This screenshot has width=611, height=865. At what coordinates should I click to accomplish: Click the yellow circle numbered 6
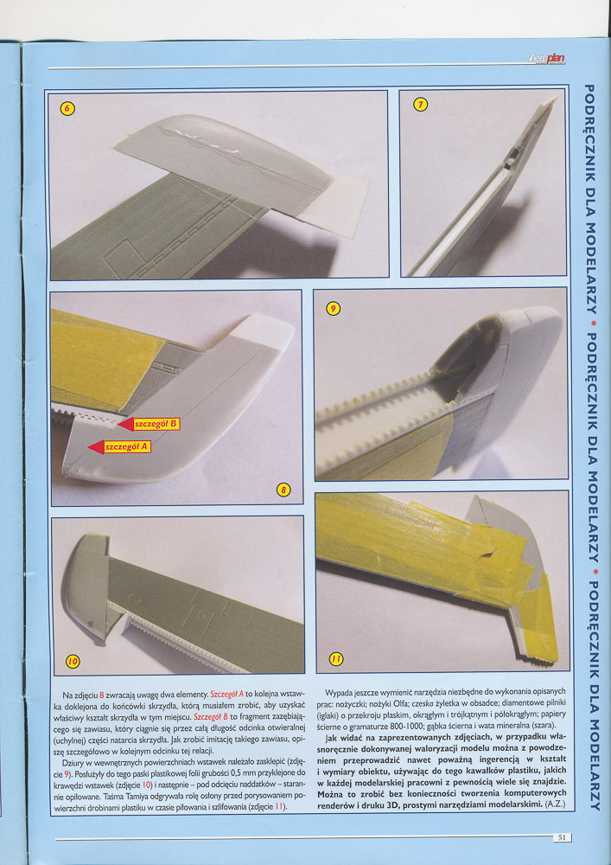(x=67, y=108)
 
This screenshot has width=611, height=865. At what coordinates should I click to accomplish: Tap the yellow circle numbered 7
(x=420, y=104)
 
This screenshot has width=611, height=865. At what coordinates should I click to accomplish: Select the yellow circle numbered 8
(x=283, y=490)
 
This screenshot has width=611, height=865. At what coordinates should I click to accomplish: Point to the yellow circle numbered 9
(x=333, y=309)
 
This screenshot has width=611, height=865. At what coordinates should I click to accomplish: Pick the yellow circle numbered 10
(x=73, y=662)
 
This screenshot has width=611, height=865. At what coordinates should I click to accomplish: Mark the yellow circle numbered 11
(x=336, y=658)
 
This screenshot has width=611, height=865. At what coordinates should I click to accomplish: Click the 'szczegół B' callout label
(x=156, y=424)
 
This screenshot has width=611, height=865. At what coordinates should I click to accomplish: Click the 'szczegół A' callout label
(x=127, y=447)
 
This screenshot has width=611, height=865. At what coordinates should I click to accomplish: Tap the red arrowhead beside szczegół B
(x=126, y=424)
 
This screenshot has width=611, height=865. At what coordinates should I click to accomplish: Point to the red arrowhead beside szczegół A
(x=97, y=447)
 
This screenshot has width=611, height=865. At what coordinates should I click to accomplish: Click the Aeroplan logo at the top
(x=544, y=58)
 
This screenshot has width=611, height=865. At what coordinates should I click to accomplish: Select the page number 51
(x=562, y=836)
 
